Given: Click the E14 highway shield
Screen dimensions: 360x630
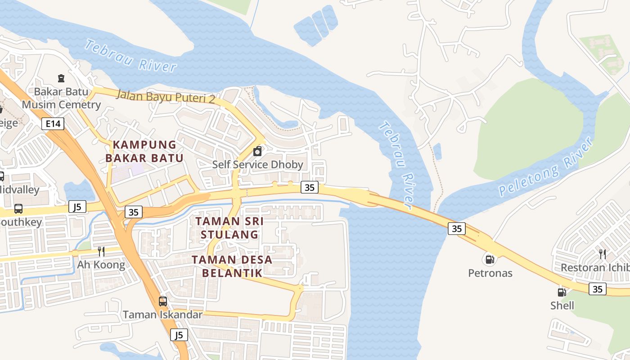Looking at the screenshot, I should pos(53,124).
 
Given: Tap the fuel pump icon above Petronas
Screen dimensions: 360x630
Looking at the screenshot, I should pos(490,259).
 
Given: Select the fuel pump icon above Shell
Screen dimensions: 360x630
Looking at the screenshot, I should pos(562,292).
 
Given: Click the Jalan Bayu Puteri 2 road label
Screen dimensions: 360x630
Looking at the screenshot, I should pos(166,96).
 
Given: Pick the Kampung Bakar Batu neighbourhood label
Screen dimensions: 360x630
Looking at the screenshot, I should pos(144,151).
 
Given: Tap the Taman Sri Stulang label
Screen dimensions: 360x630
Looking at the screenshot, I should pos(229,228).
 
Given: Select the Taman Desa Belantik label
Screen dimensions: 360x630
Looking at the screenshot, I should pos(232,266).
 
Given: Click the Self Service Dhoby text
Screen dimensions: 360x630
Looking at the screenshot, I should pos(258,164).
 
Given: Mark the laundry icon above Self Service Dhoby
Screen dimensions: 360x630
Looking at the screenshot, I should pos(257,151).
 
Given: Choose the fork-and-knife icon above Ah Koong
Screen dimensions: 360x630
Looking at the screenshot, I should pos(101,252).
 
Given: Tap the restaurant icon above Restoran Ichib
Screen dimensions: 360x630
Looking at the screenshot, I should pos(603,254).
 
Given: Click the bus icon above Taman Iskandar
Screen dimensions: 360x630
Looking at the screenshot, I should pos(163,301).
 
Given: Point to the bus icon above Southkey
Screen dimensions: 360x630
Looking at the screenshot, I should pos(18,209).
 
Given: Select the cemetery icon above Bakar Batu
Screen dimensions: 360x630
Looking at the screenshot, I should pos(61,78).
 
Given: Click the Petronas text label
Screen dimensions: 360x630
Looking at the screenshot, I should pos(490,273).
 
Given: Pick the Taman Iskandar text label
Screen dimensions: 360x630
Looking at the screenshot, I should pos(163,315).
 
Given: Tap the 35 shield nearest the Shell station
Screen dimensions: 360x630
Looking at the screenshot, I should pos(598,289).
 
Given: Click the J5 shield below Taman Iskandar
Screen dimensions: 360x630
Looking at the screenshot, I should pos(179,335).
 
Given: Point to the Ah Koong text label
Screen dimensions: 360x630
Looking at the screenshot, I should pos(101,265).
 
